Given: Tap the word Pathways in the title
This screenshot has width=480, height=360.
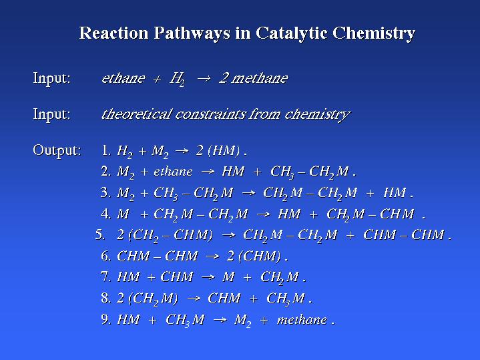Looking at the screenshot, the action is point(192,33).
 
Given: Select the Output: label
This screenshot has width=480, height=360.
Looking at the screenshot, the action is point(57,151).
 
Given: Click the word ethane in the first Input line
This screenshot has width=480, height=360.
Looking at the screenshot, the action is point(123,78).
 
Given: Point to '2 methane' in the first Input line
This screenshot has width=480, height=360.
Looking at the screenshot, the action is point(254,78).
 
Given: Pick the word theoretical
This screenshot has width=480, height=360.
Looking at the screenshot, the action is point(136,114).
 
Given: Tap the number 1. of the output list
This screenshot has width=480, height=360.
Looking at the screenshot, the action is point(106,150).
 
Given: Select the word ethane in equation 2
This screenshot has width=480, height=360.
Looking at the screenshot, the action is point(173,172).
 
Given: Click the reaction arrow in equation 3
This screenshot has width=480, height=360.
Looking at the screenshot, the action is point(248,193).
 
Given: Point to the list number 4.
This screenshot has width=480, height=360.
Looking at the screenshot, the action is point(105,214).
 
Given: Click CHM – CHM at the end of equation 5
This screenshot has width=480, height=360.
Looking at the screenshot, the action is point(403,235).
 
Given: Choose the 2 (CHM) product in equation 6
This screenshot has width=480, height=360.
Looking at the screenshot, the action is point(254,256).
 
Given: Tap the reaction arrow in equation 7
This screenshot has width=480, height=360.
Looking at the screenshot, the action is point(208,277).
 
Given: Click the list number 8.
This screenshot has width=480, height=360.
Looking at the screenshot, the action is point(105,298).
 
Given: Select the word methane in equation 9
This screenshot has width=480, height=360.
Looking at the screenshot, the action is point(302,320).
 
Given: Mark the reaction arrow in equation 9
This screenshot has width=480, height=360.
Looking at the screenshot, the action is point(220,320).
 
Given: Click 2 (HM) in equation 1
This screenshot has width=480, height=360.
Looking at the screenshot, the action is point(218,151).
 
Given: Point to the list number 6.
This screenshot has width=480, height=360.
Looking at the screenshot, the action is point(105,256).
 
